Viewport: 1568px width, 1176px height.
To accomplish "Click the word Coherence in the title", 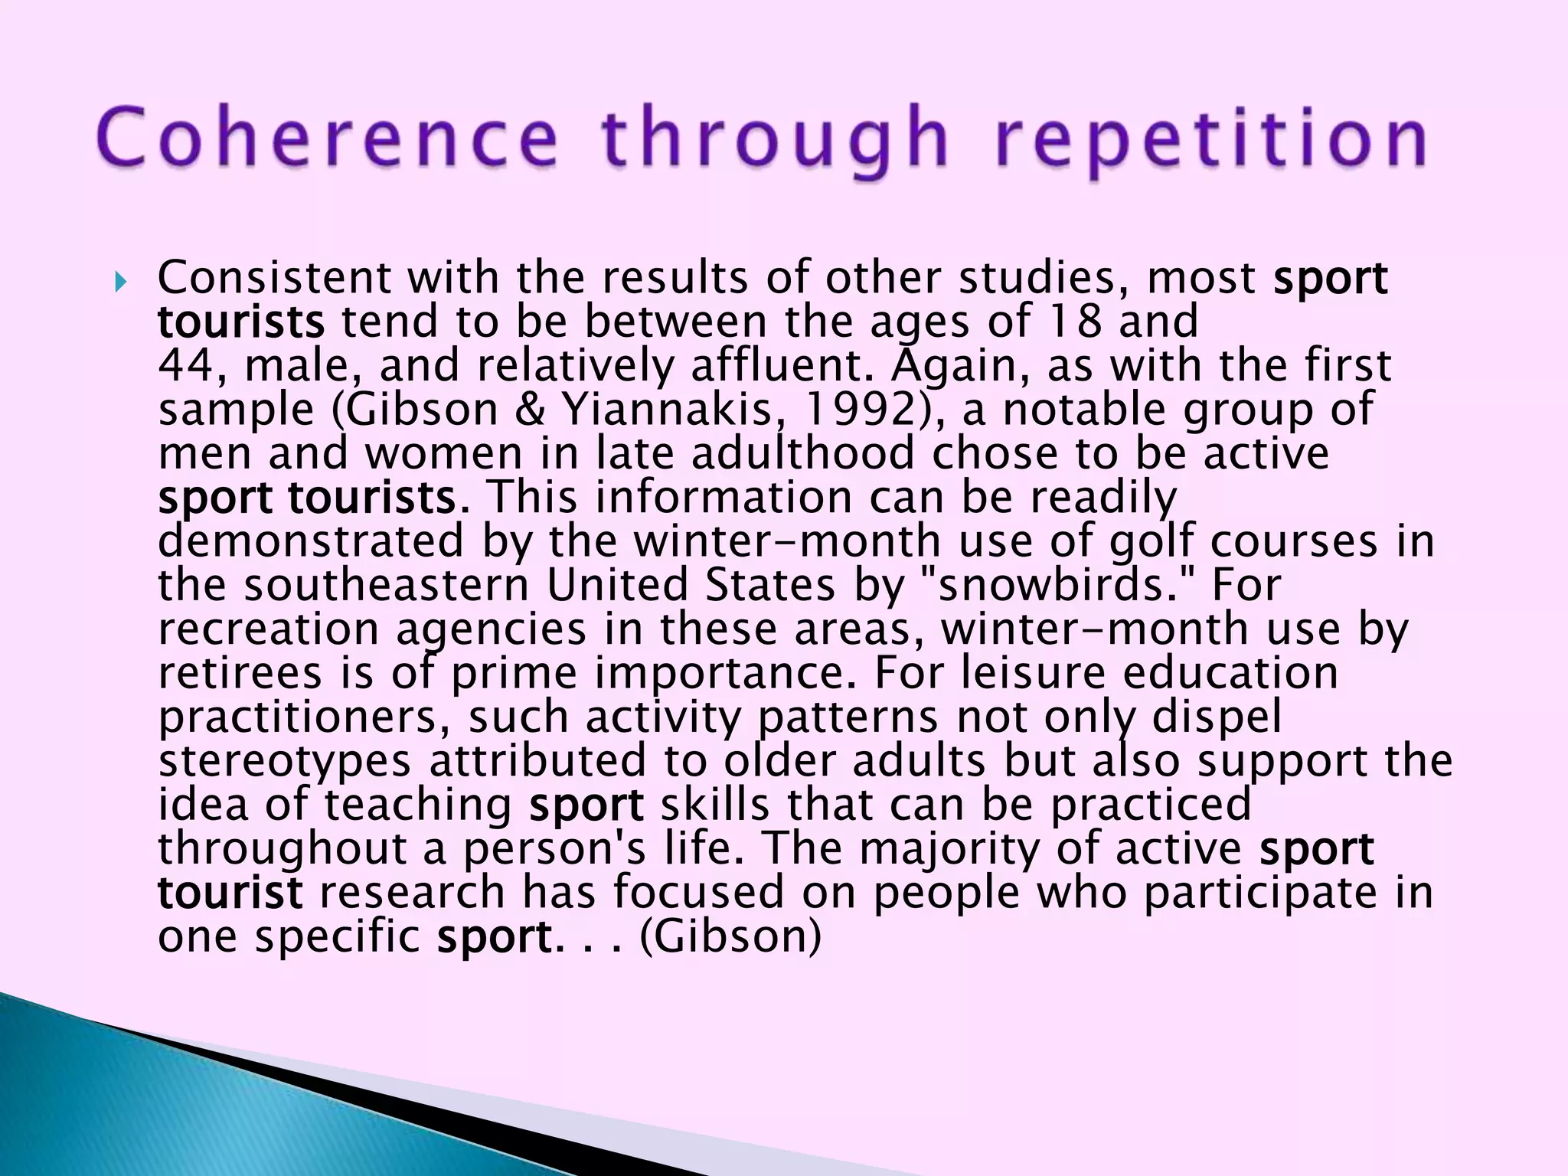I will (x=328, y=138).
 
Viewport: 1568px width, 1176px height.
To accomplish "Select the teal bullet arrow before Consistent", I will (x=119, y=283).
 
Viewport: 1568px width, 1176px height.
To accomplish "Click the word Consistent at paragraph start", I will (x=274, y=277).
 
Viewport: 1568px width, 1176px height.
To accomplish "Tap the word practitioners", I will (x=305, y=717).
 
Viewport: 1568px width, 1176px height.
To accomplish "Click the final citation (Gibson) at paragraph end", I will (x=730, y=936).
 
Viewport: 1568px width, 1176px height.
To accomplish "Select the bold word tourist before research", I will (x=230, y=893).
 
